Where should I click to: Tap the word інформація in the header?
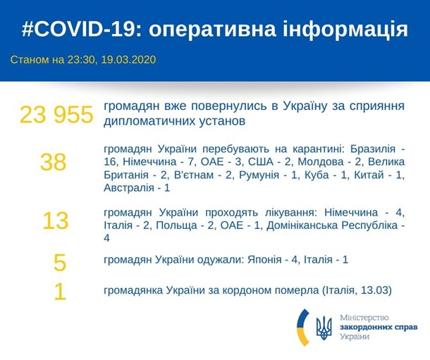click(345, 30)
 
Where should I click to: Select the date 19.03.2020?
click(128, 59)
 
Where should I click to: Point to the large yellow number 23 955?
click(56, 114)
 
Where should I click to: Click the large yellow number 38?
click(53, 162)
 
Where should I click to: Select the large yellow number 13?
click(56, 221)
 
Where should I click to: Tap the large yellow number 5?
click(60, 263)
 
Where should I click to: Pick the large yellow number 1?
click(60, 292)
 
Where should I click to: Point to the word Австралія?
click(129, 188)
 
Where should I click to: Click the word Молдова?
click(321, 162)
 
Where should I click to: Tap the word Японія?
click(264, 259)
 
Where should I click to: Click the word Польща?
click(177, 225)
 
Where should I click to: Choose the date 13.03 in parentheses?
click(374, 290)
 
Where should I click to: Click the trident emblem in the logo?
click(324, 328)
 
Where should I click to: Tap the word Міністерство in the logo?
click(364, 318)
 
